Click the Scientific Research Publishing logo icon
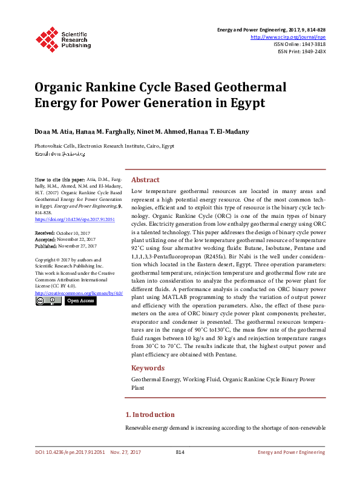coord(47,38)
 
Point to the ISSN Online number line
coord(299,44)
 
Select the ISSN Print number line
coord(301,51)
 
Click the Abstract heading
coord(145,180)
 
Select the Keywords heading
coord(148,367)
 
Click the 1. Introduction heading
coord(149,415)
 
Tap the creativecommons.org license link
coord(79,293)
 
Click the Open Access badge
coord(80,301)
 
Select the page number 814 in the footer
coord(180,452)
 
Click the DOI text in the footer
coord(70,452)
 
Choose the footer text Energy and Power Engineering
coord(292,452)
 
